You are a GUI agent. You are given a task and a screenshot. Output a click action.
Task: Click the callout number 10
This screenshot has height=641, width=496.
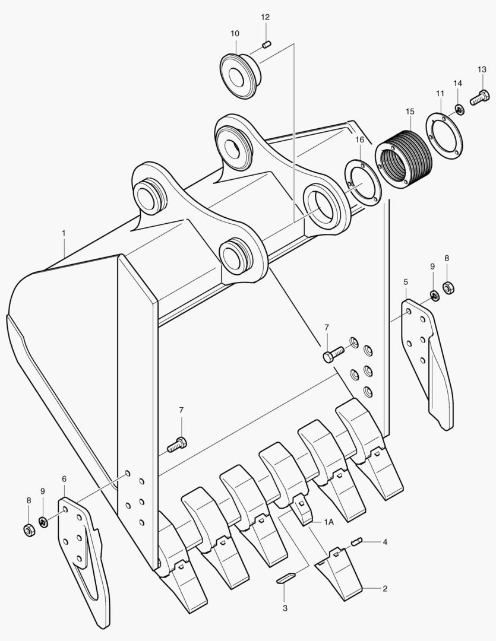click(x=235, y=33)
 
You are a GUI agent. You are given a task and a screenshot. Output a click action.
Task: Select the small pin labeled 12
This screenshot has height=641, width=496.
click(x=267, y=43)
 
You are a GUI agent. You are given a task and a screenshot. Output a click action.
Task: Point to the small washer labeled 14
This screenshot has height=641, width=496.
click(x=459, y=109)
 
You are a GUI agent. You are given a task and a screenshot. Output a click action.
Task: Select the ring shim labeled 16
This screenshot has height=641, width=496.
click(x=362, y=181)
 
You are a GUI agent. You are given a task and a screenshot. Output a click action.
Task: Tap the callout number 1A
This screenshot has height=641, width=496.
click(x=329, y=522)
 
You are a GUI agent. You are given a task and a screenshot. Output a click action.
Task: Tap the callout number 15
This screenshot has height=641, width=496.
click(x=410, y=112)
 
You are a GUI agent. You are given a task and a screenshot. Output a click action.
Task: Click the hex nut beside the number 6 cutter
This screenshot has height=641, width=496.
click(x=28, y=529)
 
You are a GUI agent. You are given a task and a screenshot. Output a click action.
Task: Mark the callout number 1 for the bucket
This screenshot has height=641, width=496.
click(x=64, y=234)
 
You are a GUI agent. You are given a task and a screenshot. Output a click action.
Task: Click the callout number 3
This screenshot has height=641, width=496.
click(x=285, y=608)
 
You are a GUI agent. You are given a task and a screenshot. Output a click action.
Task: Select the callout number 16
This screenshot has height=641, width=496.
click(x=359, y=139)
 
